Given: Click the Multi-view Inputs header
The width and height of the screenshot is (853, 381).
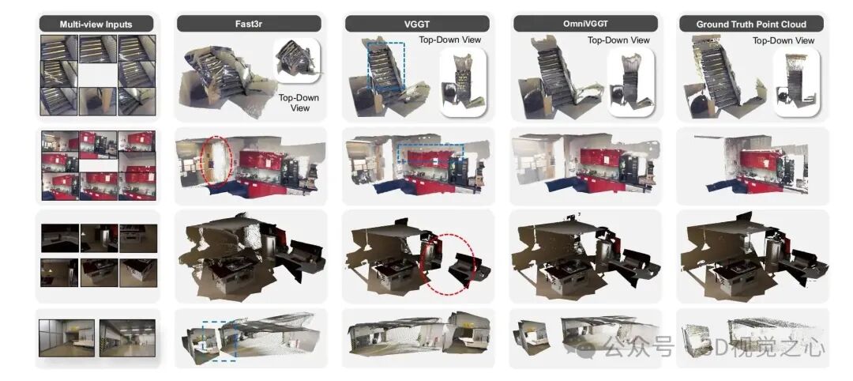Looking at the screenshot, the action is click(x=96, y=24).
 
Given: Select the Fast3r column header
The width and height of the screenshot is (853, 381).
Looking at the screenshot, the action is click(x=249, y=24).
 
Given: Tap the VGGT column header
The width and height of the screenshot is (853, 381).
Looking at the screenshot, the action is click(x=417, y=24).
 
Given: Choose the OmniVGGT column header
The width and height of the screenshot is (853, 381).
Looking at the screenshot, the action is click(x=585, y=24).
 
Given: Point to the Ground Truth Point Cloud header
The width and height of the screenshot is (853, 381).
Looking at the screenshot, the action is click(x=751, y=24).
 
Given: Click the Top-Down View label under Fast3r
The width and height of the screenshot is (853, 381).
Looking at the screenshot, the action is click(x=299, y=103).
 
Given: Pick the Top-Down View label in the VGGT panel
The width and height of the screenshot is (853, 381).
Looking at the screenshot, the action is click(x=450, y=40).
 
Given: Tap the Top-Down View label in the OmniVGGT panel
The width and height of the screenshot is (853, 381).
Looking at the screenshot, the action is click(x=618, y=40).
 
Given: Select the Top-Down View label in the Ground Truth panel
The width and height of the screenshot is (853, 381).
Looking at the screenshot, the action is click(x=783, y=40).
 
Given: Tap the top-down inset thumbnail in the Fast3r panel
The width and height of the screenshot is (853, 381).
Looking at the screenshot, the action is click(x=296, y=60).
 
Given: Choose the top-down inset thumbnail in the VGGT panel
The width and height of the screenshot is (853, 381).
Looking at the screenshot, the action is click(x=462, y=82).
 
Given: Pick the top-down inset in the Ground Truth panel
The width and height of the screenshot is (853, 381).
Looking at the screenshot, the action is click(x=796, y=82).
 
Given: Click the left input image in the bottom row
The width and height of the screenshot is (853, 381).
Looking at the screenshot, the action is click(x=67, y=338).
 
